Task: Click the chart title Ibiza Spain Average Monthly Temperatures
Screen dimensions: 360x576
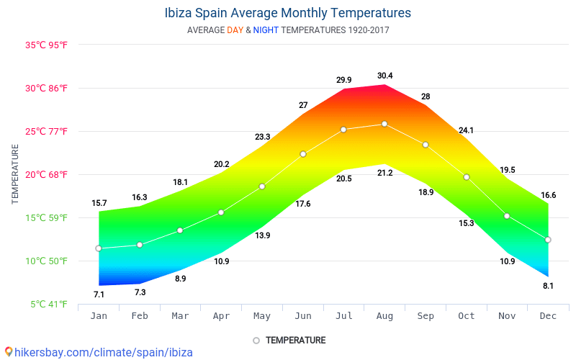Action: coord(288,13)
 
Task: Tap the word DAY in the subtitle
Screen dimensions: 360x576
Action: coord(235,30)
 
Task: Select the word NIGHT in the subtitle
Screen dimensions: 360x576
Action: coord(266,30)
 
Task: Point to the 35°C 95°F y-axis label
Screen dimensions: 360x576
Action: coord(46,45)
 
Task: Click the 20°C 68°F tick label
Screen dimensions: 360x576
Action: coord(46,174)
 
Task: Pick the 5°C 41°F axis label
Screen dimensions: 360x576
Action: coord(49,304)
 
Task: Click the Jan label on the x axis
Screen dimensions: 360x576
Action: coord(99,316)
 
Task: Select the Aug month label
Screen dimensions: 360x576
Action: coord(384,316)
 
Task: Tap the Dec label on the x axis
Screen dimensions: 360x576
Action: coord(548,316)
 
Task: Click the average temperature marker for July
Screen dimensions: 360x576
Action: coord(343,130)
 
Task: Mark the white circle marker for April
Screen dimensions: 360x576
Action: coord(221,212)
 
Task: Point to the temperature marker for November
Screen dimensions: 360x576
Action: coord(507,216)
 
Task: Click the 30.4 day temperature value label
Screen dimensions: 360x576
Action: coord(384,76)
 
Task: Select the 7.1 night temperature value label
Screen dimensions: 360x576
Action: coord(99,294)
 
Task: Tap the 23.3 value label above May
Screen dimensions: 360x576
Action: coord(262,137)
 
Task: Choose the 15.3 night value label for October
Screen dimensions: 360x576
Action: coord(466,223)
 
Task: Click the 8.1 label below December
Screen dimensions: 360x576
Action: coord(548,286)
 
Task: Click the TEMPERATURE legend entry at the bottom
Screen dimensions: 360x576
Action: coord(295,340)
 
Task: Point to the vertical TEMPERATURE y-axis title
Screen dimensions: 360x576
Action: coord(15,174)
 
